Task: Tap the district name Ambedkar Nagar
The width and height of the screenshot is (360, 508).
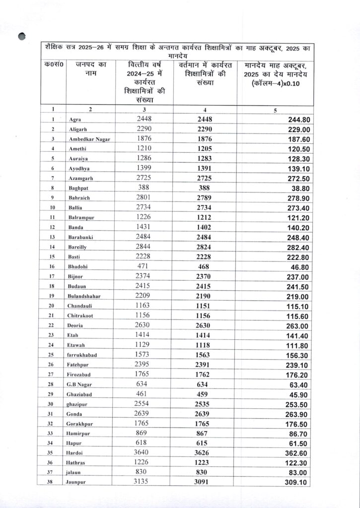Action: tap(88, 139)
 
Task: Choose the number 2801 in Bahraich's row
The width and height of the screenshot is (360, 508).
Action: tap(145, 197)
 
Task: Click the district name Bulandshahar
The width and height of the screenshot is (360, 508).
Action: tap(84, 296)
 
